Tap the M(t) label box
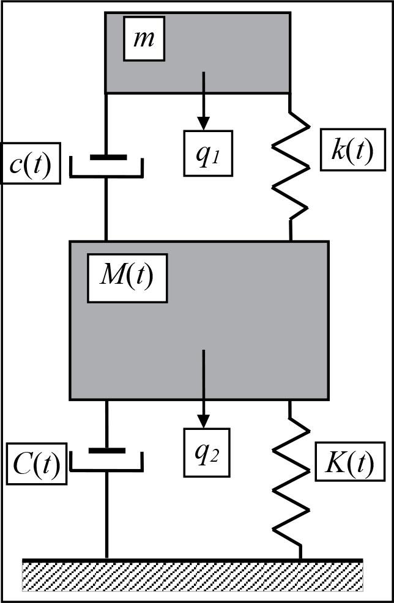coord(127,278)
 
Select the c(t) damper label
coord(30,163)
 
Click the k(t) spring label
coord(352,150)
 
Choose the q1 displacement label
coord(209,153)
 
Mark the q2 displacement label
coord(206,453)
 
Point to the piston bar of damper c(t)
coord(108,157)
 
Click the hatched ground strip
coord(193,576)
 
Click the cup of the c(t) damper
coord(106,174)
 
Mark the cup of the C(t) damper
coord(106,469)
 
